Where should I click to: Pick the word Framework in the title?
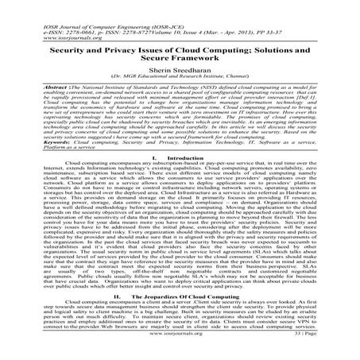198,59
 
